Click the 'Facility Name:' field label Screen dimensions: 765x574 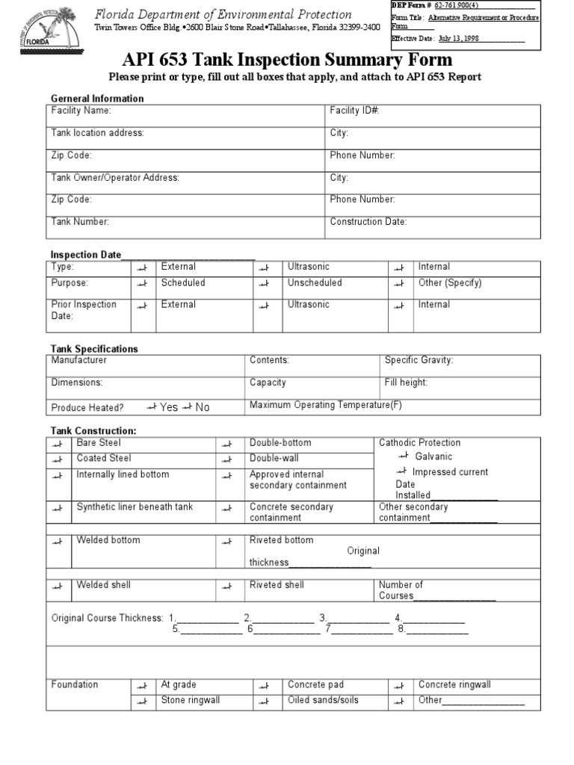[81, 111]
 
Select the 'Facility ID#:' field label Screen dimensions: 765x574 [355, 111]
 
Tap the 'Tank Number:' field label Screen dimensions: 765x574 [80, 221]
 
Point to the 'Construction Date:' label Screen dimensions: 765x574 [368, 221]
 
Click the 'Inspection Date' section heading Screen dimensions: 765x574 [85, 255]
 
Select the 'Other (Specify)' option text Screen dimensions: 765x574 [450, 283]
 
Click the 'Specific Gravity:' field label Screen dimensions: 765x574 [419, 360]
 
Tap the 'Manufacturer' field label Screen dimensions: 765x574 [78, 360]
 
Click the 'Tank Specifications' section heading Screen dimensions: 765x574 [94, 349]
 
